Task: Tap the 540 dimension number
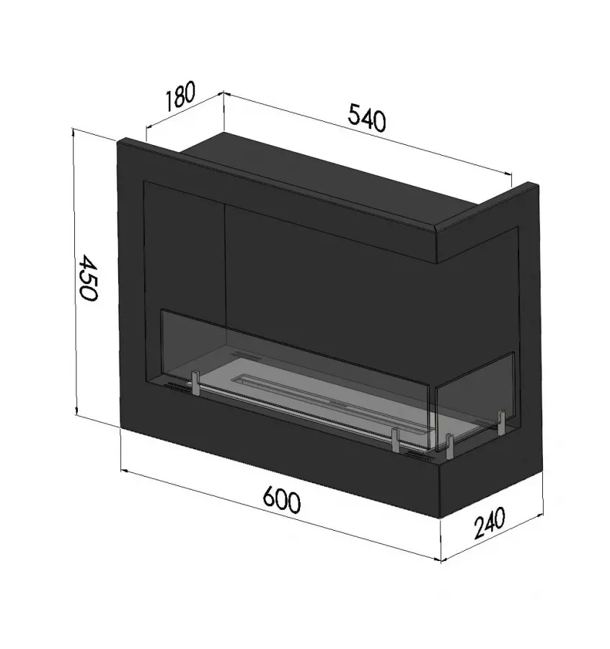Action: pyautogui.click(x=368, y=118)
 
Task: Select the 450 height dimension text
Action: pyautogui.click(x=88, y=278)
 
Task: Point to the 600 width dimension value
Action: pyautogui.click(x=281, y=500)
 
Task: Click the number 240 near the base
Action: pyautogui.click(x=490, y=524)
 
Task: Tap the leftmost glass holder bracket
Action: pyautogui.click(x=195, y=383)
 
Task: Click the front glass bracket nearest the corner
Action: pyautogui.click(x=395, y=440)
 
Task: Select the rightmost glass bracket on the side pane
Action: pyautogui.click(x=498, y=421)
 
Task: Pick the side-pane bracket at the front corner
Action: pyautogui.click(x=449, y=448)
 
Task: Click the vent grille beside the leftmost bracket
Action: pyautogui.click(x=177, y=387)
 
